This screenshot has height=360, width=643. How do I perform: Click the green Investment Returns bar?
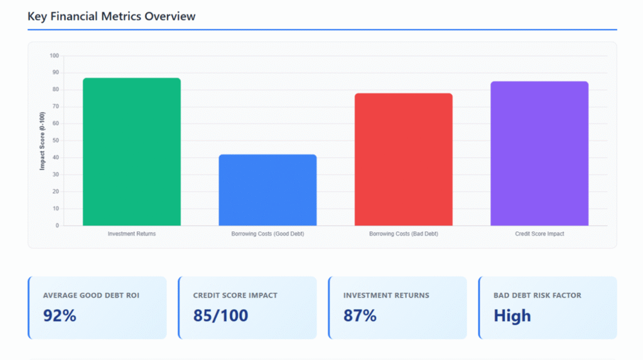132,152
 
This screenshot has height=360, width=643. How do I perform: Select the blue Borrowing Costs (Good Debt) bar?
267,190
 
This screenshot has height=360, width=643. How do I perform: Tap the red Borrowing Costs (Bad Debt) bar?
403,160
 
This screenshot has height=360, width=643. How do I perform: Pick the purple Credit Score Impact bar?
539,153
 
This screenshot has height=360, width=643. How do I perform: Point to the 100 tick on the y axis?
53,56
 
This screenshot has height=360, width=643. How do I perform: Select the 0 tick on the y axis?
57,226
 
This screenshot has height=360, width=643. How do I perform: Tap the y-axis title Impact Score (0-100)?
42,141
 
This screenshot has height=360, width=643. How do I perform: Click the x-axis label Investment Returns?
132,234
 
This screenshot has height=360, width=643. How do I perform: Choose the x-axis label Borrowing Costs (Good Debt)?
267,234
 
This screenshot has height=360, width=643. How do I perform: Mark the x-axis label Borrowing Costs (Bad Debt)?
403,234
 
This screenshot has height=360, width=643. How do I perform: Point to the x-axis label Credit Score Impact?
539,234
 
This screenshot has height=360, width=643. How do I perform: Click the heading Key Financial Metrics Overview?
111,16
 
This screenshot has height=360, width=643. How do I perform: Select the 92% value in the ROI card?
60,315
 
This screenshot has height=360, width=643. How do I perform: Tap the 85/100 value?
220,315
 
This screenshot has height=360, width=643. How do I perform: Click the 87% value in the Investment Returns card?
360,315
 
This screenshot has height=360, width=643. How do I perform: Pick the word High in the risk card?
512,315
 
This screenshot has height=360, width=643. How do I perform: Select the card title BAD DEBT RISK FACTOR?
538,295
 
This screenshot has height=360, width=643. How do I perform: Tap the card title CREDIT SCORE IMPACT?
235,295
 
